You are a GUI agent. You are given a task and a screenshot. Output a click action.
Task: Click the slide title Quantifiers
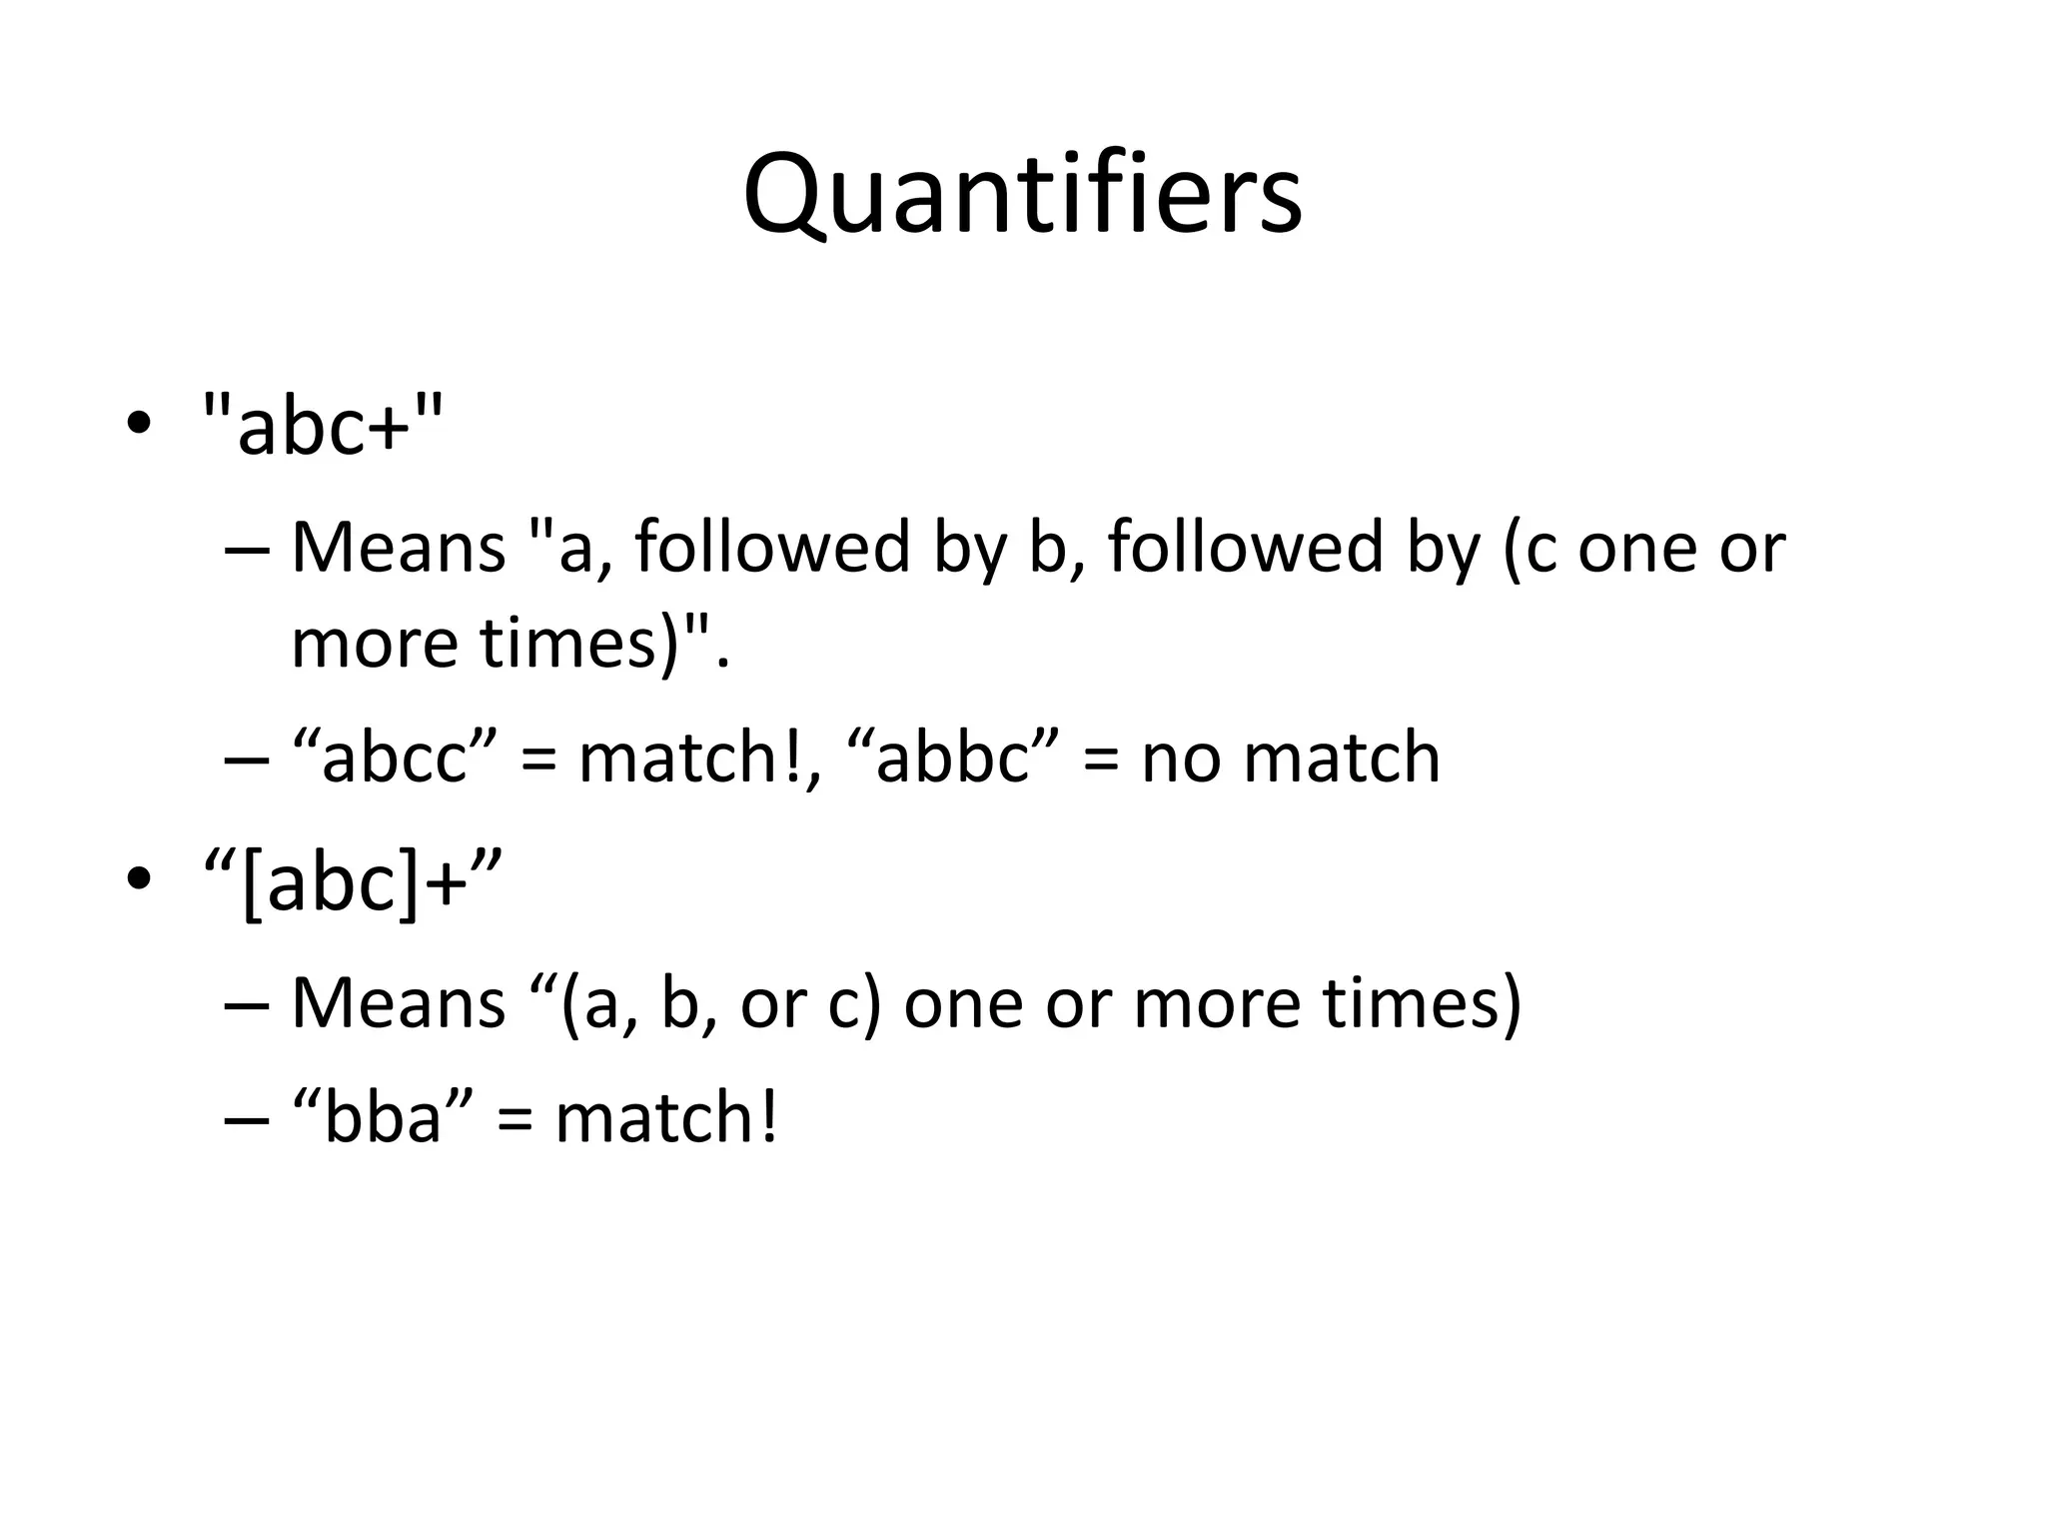pos(1022,194)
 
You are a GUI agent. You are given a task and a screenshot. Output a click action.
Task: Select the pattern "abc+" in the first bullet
pos(322,425)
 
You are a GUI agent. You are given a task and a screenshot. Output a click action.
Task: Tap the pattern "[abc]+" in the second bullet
pos(351,882)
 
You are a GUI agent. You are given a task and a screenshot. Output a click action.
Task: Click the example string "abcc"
pos(395,758)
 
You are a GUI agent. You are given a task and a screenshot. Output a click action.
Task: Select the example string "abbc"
pos(952,758)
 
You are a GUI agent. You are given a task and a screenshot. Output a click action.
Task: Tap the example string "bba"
pos(384,1116)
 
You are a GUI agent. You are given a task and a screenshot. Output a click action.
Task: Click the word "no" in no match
pos(1181,758)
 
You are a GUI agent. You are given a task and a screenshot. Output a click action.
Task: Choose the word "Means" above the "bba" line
pos(399,1002)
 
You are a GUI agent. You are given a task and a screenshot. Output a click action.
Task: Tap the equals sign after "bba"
pos(514,1118)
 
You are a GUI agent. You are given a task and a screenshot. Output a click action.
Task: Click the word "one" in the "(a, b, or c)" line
pos(963,1002)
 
